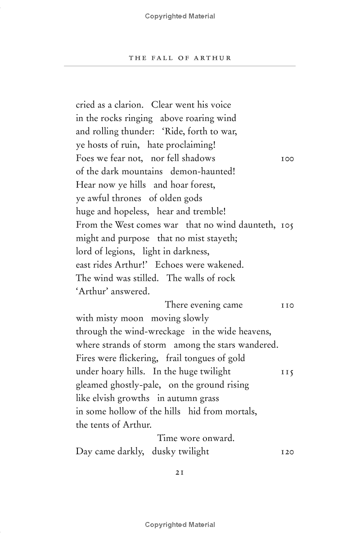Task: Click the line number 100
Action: pos(287,159)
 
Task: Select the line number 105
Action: pos(287,225)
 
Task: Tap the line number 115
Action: pos(287,372)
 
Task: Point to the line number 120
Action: pos(287,451)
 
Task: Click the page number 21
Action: pos(180,472)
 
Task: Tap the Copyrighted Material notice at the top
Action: pos(180,16)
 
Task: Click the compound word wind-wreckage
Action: pos(156,332)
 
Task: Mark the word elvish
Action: pos(102,398)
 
